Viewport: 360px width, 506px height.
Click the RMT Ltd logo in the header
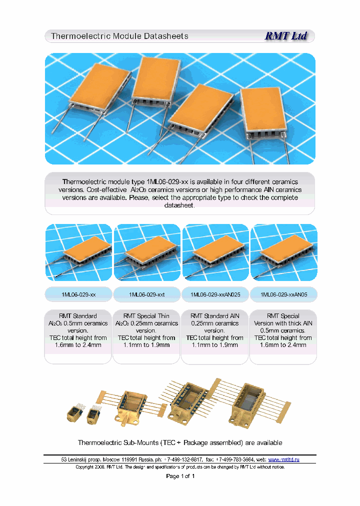285,36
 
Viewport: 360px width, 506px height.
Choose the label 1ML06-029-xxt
146,295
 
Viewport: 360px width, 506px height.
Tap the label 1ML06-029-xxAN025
215,295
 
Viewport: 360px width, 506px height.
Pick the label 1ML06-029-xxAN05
283,295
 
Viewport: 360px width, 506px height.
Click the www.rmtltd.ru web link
283,459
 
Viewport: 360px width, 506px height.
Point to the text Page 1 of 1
180,476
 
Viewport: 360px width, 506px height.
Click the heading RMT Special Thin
146,316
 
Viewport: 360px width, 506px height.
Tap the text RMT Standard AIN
215,316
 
